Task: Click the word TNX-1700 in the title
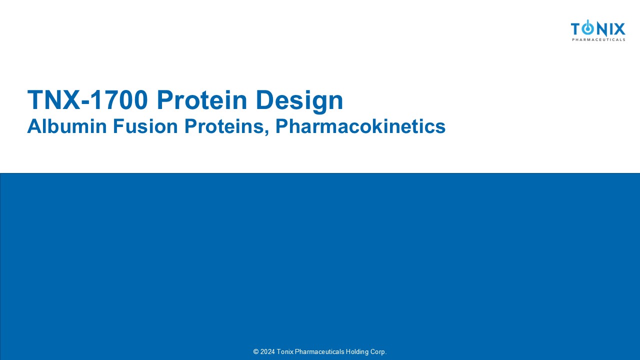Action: pyautogui.click(x=87, y=99)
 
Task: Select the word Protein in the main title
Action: pyautogui.click(x=202, y=99)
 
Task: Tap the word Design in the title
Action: pyautogui.click(x=299, y=101)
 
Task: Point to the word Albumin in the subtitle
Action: pyautogui.click(x=67, y=126)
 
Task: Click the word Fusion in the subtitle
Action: pyautogui.click(x=145, y=126)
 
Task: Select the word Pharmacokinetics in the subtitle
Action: pyautogui.click(x=360, y=126)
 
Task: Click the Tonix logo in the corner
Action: pyautogui.click(x=598, y=30)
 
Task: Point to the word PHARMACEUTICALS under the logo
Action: pyautogui.click(x=598, y=39)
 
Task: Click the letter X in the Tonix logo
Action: pyautogui.click(x=619, y=29)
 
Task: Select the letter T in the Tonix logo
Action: pyautogui.click(x=576, y=29)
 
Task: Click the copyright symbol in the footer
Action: pyautogui.click(x=256, y=351)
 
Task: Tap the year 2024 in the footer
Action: pyautogui.click(x=267, y=351)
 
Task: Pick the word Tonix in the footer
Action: pyautogui.click(x=285, y=351)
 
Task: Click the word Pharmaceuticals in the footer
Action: pyautogui.click(x=319, y=351)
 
